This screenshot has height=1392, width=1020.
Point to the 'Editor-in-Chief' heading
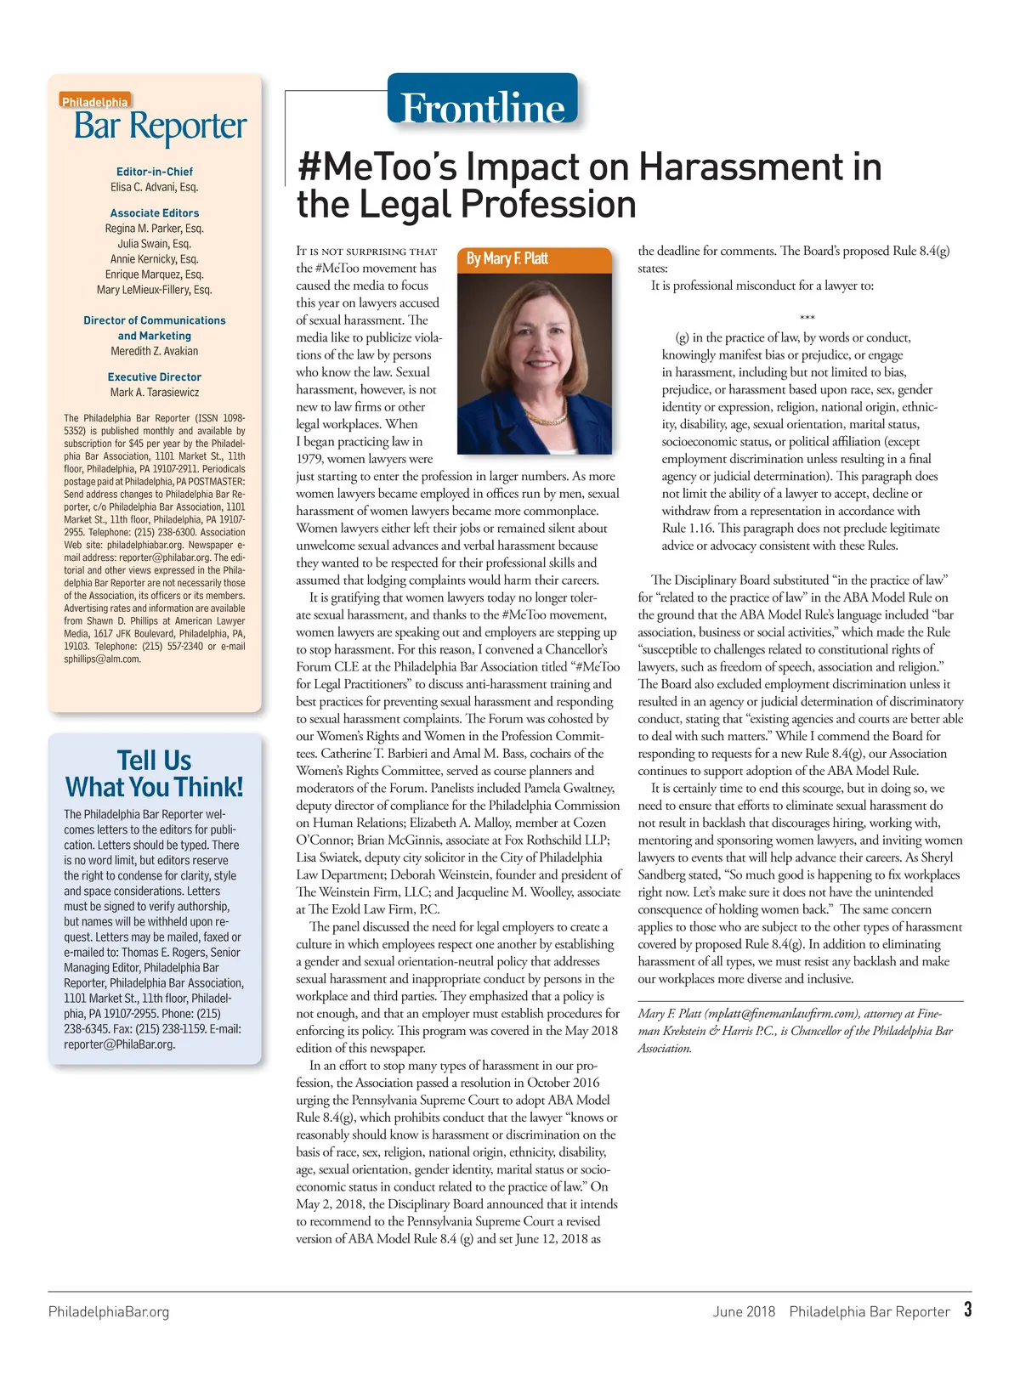click(155, 172)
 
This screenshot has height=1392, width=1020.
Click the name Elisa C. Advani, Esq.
click(155, 187)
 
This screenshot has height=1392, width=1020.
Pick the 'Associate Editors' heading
click(155, 213)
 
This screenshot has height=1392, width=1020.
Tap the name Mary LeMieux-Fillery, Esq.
click(155, 290)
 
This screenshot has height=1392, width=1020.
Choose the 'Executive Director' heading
click(155, 377)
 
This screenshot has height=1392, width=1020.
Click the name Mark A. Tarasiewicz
click(155, 393)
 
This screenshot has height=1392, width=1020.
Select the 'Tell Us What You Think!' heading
click(155, 773)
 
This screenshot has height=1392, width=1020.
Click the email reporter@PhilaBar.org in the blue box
click(119, 1044)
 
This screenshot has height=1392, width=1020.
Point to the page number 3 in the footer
click(967, 1310)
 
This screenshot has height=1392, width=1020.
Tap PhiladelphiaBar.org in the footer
click(109, 1312)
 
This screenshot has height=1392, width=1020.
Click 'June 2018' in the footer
click(744, 1312)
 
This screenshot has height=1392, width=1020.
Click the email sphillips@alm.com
click(102, 659)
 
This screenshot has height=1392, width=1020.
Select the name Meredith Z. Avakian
click(155, 352)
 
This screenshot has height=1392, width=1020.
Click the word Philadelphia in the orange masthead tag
click(95, 102)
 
